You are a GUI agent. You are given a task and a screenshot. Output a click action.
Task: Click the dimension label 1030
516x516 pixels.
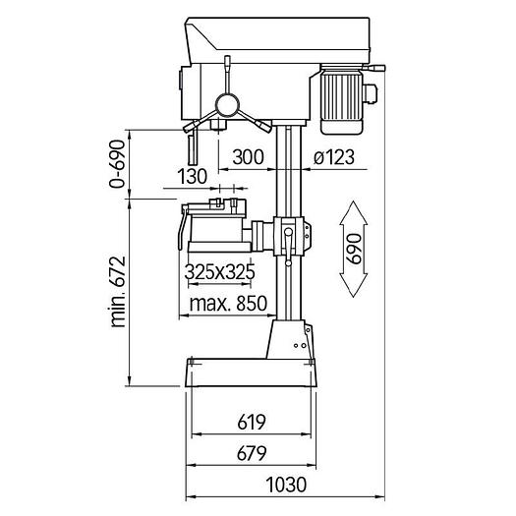pyautogui.click(x=286, y=485)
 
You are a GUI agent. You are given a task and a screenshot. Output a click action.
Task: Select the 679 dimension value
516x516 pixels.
pyautogui.click(x=252, y=453)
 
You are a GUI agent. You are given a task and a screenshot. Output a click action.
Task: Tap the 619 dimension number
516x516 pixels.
pyautogui.click(x=252, y=423)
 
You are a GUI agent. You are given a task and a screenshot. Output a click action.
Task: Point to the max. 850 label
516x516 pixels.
pyautogui.click(x=228, y=304)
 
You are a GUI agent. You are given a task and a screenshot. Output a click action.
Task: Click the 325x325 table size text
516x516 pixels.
pyautogui.click(x=219, y=272)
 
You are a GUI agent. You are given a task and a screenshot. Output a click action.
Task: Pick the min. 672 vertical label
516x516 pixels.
pyautogui.click(x=118, y=292)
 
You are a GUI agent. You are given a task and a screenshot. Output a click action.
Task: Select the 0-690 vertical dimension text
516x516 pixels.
pyautogui.click(x=117, y=164)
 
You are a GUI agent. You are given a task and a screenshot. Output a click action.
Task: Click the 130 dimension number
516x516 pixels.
pyautogui.click(x=193, y=176)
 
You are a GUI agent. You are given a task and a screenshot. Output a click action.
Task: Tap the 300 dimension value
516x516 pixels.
pyautogui.click(x=248, y=157)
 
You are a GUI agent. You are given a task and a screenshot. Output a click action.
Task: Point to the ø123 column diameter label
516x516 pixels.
pyautogui.click(x=334, y=157)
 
